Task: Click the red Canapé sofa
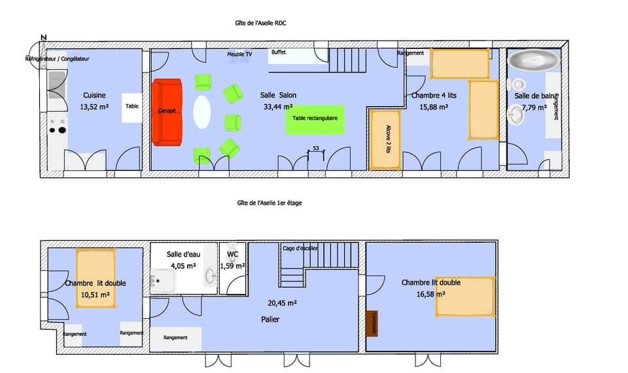[x=167, y=112]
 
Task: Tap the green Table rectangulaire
[x=315, y=120]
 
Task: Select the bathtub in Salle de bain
[x=534, y=61]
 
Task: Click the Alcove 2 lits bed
[x=385, y=139]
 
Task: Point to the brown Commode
[x=372, y=323]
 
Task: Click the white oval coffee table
[x=202, y=113]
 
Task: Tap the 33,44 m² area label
[x=277, y=107]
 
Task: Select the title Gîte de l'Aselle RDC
[x=261, y=23]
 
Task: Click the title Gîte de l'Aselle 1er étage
[x=269, y=203]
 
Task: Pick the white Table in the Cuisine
[x=132, y=106]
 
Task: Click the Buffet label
[x=279, y=52]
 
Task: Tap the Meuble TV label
[x=239, y=54]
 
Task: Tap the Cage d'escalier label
[x=300, y=248]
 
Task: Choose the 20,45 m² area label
[x=283, y=303]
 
